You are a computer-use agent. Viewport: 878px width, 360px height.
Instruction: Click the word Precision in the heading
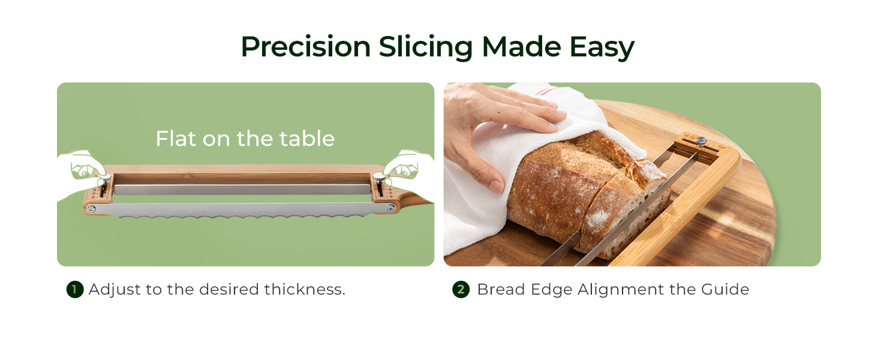[x=306, y=47]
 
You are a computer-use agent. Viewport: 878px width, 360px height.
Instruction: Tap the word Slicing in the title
[x=426, y=49]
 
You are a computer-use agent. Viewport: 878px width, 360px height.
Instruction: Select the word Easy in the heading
[x=602, y=49]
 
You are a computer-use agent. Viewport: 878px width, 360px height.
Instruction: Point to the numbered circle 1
[x=75, y=290]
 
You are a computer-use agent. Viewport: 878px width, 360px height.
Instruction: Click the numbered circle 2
[x=461, y=290]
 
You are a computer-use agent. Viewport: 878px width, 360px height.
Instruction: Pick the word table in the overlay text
[x=306, y=139]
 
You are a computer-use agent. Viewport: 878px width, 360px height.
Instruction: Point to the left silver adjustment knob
[x=105, y=181]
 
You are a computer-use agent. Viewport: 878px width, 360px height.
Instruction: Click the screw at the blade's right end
[x=391, y=208]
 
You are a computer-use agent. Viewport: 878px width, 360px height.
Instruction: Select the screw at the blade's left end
[x=91, y=209]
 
